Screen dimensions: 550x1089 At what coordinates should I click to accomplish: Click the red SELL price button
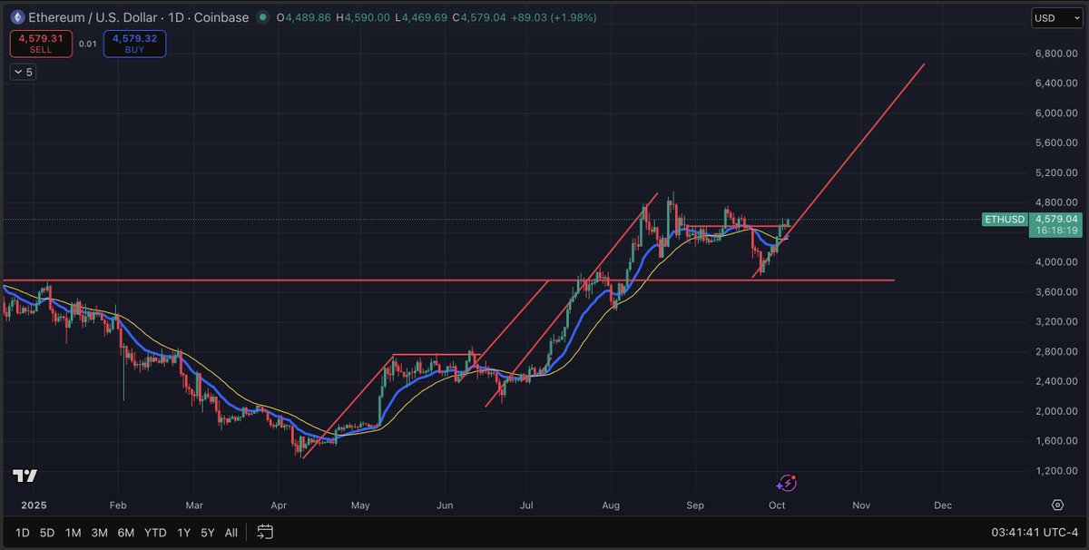click(41, 44)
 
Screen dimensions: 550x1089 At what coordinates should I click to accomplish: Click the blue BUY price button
click(134, 44)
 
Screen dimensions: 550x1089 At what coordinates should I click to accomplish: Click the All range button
click(232, 532)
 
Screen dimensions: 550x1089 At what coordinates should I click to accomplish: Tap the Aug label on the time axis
click(611, 505)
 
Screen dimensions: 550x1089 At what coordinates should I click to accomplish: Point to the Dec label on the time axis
click(943, 505)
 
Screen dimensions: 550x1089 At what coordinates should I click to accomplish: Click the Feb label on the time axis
click(118, 505)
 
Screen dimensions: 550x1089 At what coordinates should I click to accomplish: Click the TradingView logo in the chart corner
click(25, 476)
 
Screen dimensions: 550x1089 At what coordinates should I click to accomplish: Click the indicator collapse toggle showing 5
click(23, 72)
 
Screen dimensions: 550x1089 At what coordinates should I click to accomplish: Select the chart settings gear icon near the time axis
click(1057, 505)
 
